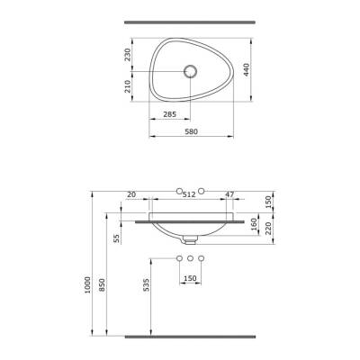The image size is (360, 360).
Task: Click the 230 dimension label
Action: point(128,55)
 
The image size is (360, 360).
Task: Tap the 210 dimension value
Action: point(128,86)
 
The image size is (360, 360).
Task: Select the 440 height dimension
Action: point(247,69)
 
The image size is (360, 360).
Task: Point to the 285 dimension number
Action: point(170,114)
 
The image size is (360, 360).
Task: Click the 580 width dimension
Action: point(191,131)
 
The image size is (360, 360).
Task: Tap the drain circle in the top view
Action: point(191,72)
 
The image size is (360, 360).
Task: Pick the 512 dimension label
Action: point(189,194)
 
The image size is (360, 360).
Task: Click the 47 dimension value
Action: point(229,194)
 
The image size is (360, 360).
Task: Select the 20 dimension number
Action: point(131,194)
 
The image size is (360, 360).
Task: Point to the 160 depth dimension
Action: point(254,224)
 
